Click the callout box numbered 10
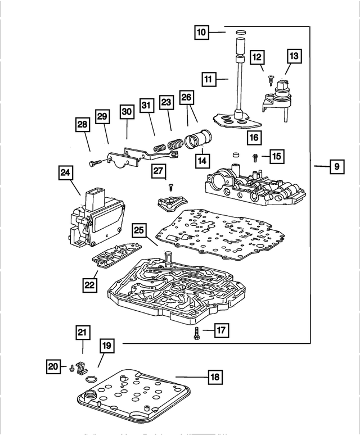pos(202,33)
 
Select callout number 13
pos(295,56)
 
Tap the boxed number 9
pos(335,166)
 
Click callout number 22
pos(89,285)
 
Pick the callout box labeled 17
pos(220,331)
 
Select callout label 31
pos(147,105)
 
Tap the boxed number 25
pos(139,230)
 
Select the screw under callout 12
pos(270,81)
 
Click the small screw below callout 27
pos(168,185)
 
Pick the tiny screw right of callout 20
pos(73,370)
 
